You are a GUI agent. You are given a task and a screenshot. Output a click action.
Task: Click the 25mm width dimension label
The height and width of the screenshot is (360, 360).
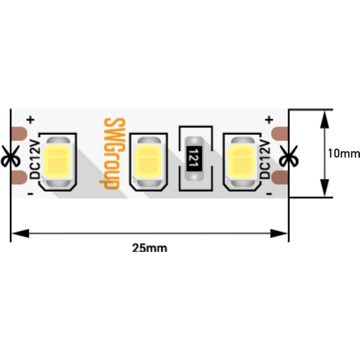(x=150, y=247)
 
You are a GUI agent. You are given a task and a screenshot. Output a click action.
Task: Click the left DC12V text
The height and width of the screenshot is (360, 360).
(x=34, y=158)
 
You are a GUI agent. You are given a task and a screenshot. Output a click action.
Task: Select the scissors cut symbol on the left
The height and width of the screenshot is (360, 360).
(x=10, y=157)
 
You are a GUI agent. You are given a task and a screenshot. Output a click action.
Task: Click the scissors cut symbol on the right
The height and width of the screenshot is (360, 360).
(x=289, y=157)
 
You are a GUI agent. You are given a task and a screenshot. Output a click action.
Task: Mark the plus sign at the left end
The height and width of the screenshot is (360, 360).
(x=30, y=121)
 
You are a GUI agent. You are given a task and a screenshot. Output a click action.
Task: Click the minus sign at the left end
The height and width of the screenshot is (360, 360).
(x=30, y=193)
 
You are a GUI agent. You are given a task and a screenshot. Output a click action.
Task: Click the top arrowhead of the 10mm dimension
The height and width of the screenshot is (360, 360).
(x=325, y=115)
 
